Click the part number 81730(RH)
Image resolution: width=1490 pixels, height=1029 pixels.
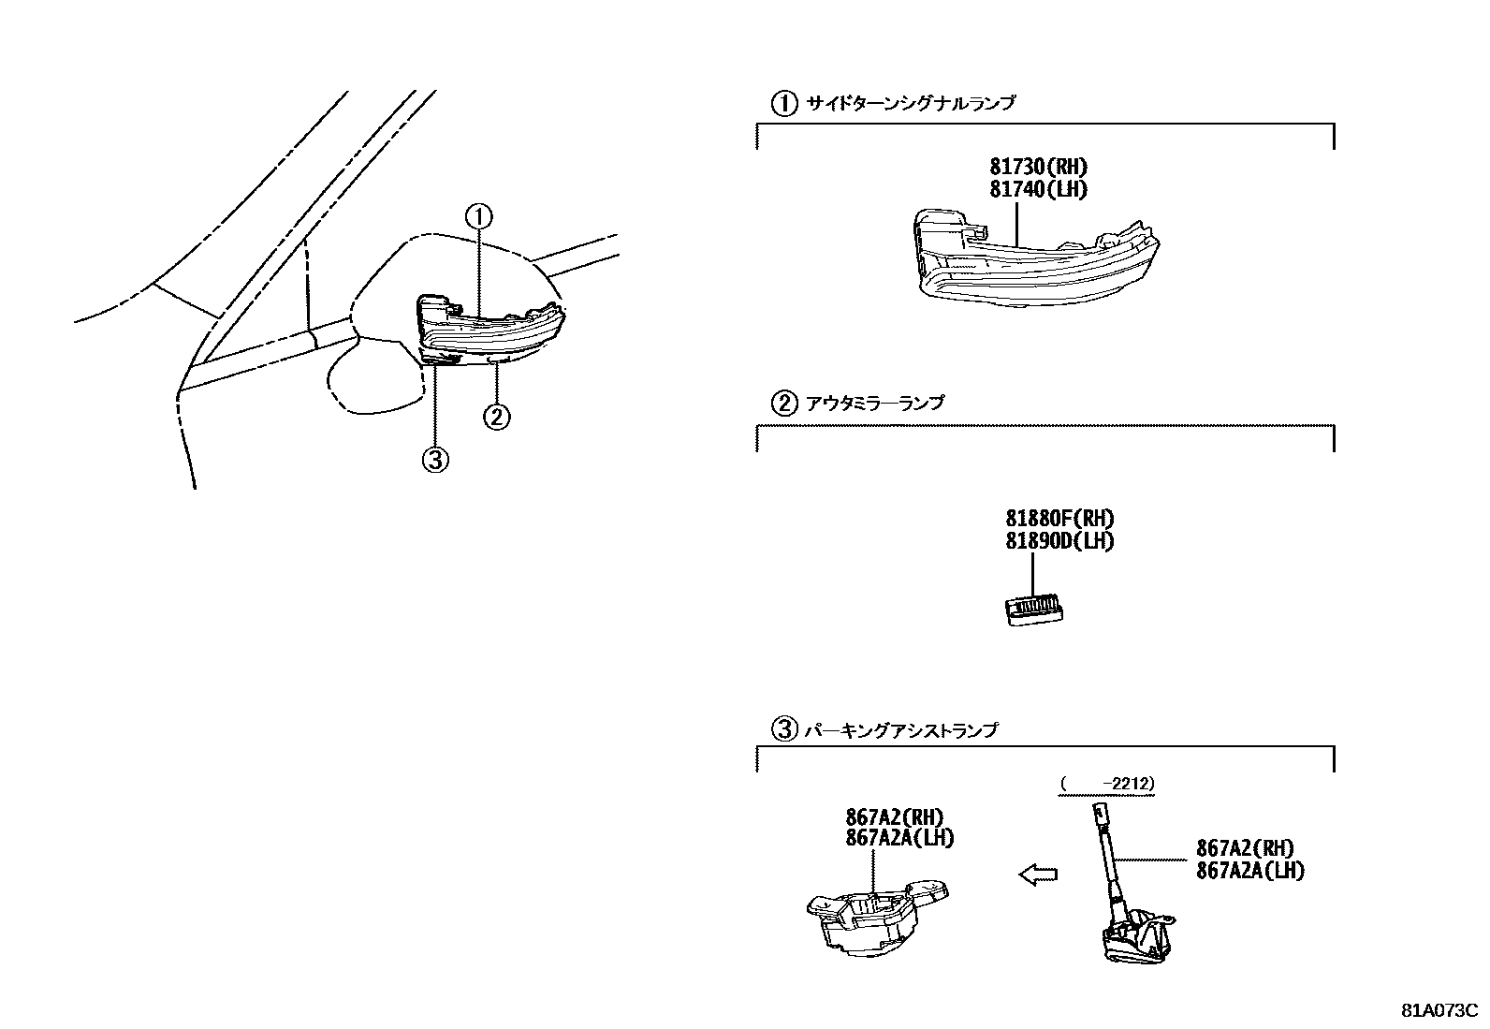1039,168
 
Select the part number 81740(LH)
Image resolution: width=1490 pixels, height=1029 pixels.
1039,189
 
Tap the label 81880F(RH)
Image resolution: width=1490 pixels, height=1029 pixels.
1059,519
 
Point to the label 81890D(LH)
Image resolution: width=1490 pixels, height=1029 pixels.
1059,541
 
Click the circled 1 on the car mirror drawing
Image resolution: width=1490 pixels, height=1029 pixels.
478,217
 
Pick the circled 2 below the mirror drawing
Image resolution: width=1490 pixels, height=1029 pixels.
497,415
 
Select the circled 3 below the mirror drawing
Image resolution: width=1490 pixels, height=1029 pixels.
436,460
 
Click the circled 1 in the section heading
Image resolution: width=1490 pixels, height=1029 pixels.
783,103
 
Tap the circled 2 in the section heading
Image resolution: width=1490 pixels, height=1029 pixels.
783,404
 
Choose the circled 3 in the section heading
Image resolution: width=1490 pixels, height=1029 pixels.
783,729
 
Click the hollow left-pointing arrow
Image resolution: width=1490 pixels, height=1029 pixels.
1038,875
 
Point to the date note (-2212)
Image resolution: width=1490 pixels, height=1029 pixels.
1107,783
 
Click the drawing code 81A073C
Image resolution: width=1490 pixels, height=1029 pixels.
1439,1010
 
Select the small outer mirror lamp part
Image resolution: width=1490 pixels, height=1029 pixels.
1034,610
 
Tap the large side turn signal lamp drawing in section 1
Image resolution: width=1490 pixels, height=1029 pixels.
1034,260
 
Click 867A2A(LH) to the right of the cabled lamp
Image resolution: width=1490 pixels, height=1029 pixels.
1249,870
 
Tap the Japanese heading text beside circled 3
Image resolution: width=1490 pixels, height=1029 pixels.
900,729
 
